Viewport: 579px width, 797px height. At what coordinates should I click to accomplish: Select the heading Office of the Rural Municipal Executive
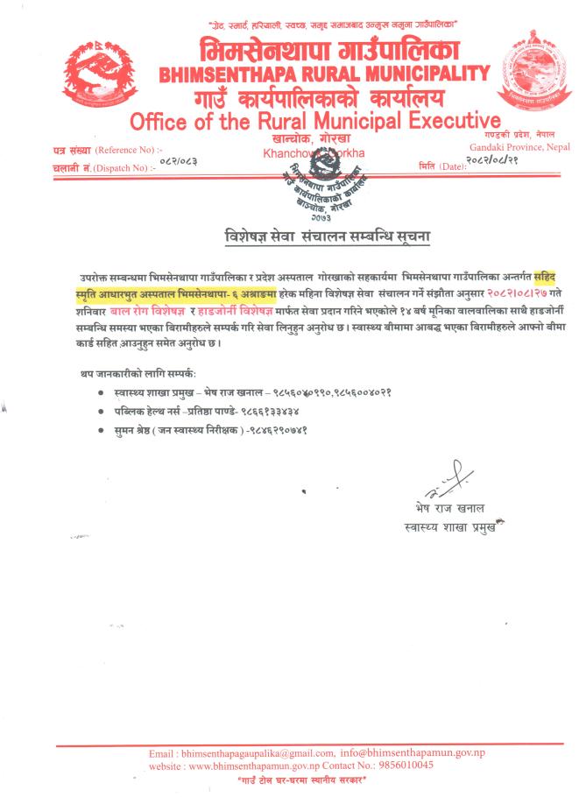point(314,119)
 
